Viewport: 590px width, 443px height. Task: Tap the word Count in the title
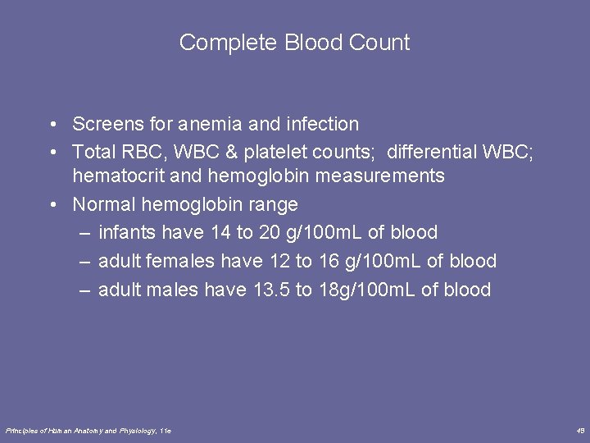(379, 43)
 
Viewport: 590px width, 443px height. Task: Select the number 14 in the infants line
(220, 233)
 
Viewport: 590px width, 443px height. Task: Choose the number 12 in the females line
(279, 262)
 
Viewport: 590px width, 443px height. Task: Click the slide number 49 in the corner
(580, 430)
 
